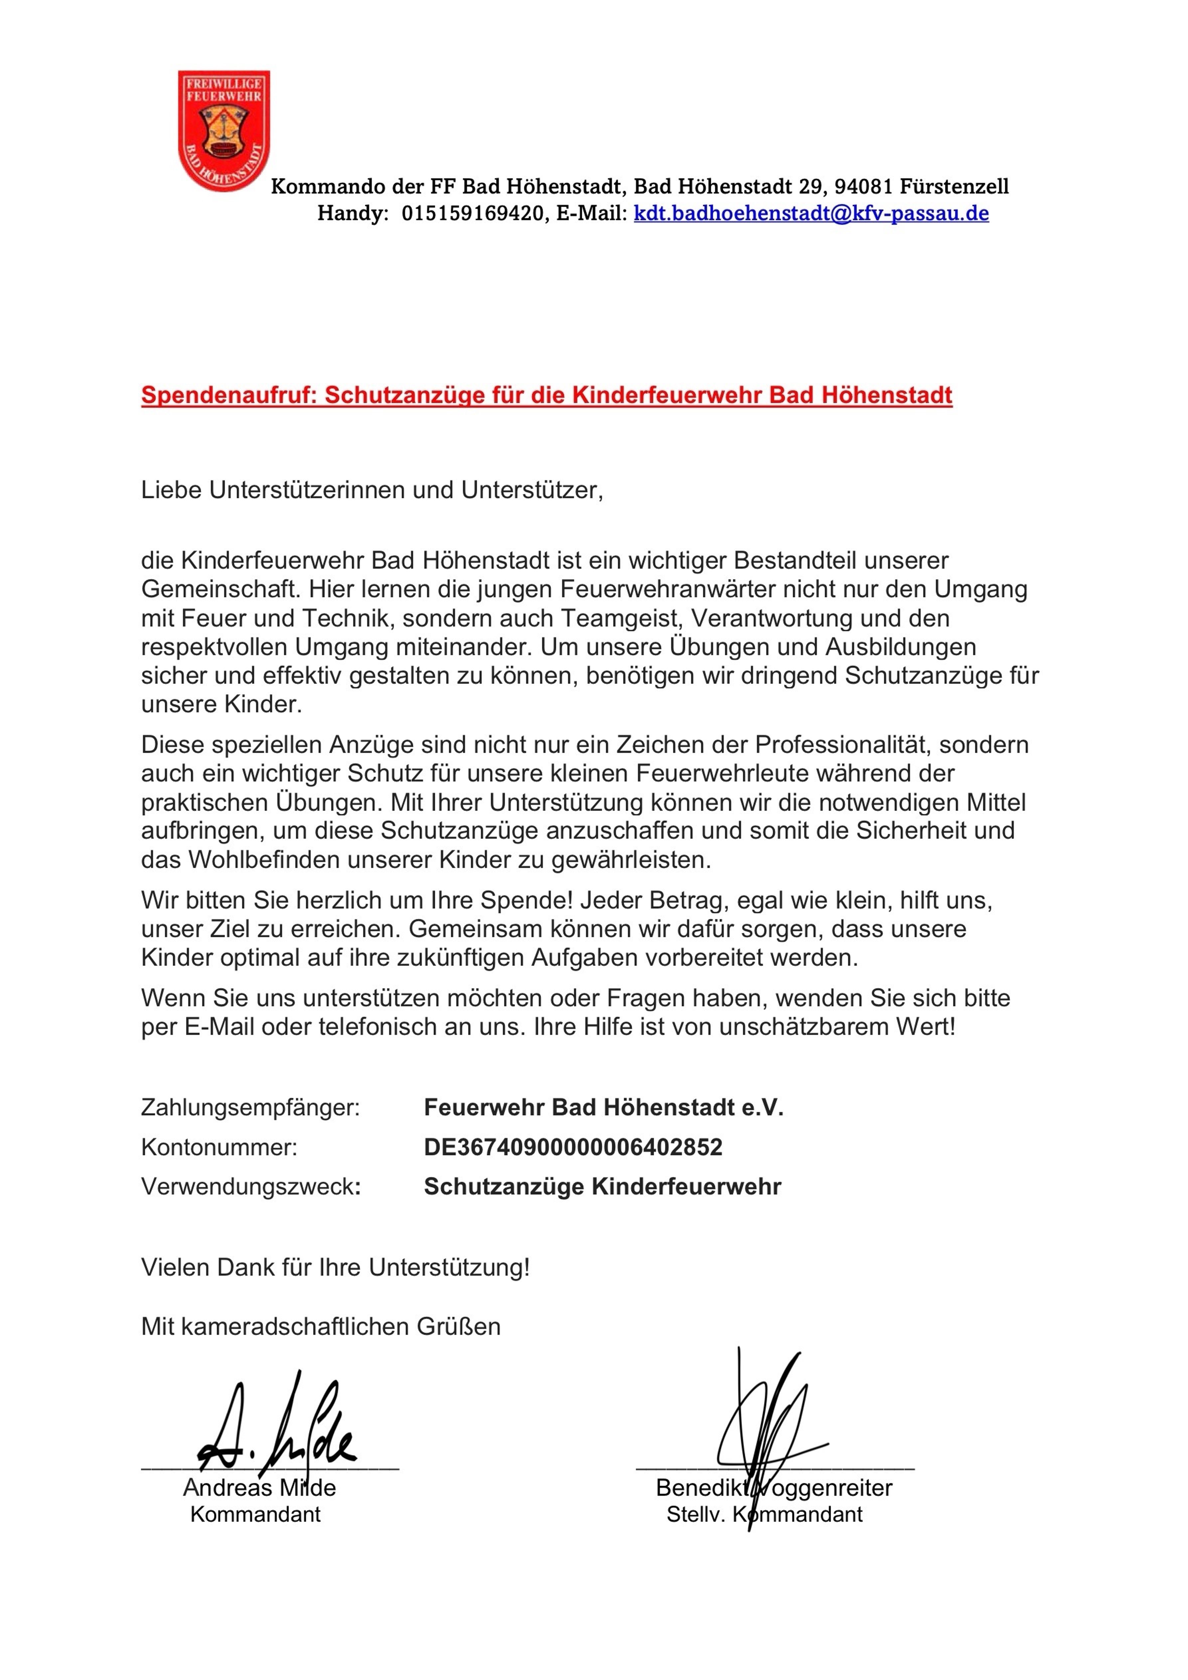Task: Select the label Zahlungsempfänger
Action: pos(250,1107)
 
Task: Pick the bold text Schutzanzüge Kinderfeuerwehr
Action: pos(602,1186)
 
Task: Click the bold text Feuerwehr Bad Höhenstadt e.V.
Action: pos(603,1107)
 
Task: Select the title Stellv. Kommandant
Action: pos(764,1514)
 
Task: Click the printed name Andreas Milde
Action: pos(259,1487)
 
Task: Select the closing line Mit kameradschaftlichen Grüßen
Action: pos(321,1327)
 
